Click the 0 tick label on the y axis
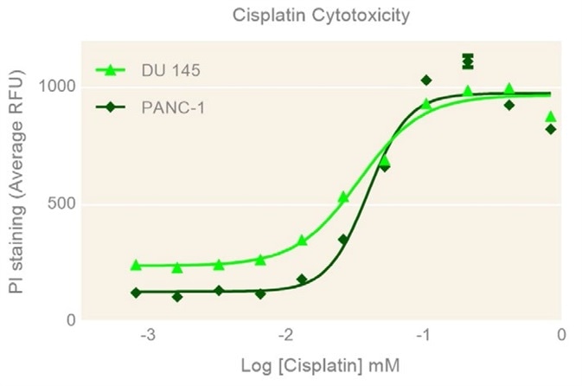tap(71, 321)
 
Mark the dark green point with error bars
tap(468, 61)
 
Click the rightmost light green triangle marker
tap(551, 117)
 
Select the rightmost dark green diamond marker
tap(551, 129)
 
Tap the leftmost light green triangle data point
tap(136, 265)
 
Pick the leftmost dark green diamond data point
tap(136, 293)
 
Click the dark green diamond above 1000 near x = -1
tap(426, 80)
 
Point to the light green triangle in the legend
tap(109, 70)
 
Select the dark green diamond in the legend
tap(109, 107)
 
